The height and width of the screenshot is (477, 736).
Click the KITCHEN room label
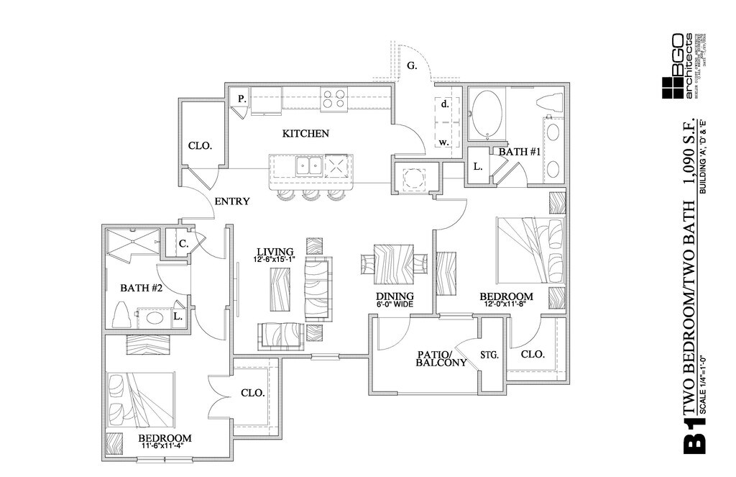[305, 134]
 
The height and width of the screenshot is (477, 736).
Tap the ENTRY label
[231, 201]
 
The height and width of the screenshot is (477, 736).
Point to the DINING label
[395, 296]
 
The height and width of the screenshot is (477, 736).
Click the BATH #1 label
[520, 152]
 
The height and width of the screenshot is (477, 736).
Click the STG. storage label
[490, 354]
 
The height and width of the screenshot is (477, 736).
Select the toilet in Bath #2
[121, 314]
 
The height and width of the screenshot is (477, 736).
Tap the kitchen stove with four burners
[333, 98]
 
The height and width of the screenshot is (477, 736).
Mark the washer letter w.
[444, 142]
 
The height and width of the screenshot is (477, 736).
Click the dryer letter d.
[445, 104]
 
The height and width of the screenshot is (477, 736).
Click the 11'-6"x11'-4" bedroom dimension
[165, 445]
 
